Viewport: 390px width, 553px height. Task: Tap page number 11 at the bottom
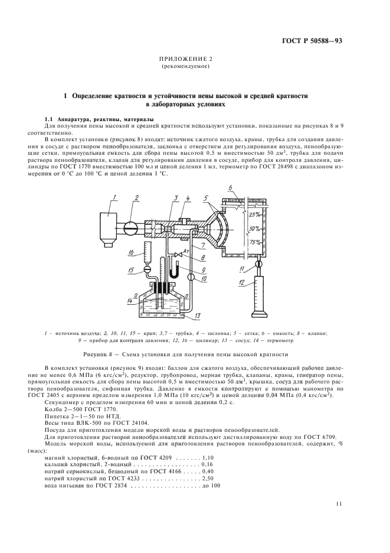[339, 504]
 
